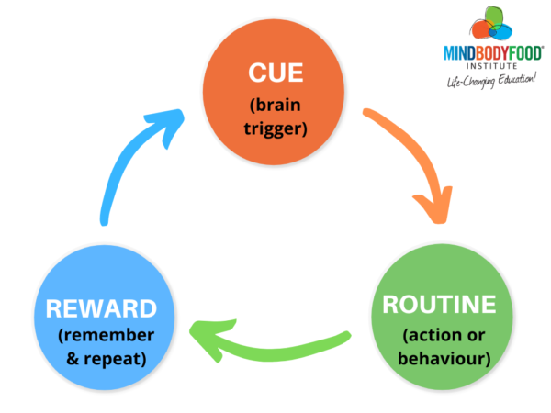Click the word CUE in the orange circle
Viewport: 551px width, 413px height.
pyautogui.click(x=274, y=71)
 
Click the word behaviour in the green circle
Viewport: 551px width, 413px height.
pyautogui.click(x=440, y=355)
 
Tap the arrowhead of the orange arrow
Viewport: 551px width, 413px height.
pyautogui.click(x=433, y=209)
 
